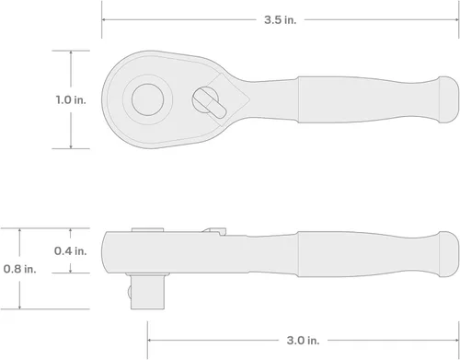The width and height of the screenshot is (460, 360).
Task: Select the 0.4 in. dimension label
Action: (71, 250)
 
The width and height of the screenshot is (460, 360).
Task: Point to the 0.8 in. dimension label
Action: (20, 268)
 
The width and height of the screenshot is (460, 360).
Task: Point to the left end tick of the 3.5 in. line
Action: (102, 17)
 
